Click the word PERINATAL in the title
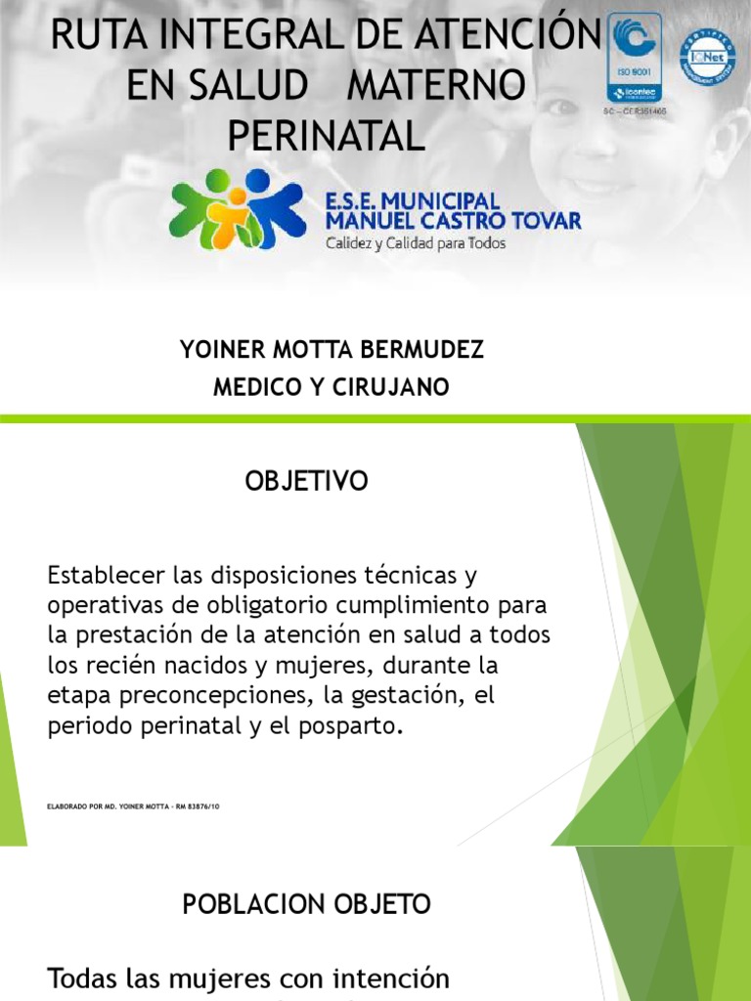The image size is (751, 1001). point(326,135)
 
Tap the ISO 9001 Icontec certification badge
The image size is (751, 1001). point(634,58)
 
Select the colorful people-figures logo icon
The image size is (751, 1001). point(237,208)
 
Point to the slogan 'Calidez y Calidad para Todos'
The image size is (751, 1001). point(416,243)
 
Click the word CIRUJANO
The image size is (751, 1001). point(398,387)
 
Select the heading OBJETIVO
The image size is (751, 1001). point(306,481)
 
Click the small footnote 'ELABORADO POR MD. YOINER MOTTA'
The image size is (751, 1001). point(132,807)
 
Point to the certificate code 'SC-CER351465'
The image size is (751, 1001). point(634,112)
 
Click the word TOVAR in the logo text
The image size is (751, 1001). point(538,221)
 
